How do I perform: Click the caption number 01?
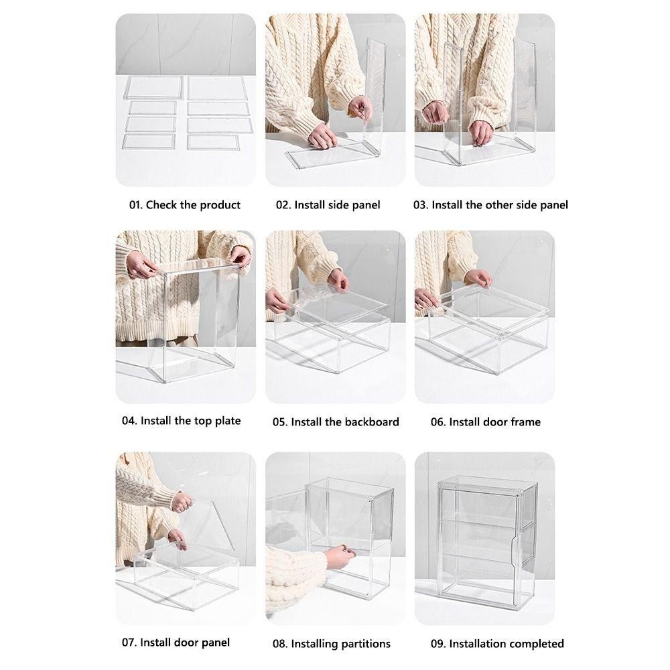135,205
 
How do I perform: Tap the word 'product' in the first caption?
220,206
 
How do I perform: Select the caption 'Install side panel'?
337,205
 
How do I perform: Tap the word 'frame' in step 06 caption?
525,421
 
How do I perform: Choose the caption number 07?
129,643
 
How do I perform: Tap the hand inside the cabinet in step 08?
340,556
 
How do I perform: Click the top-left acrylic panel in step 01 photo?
153,88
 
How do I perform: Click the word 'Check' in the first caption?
161,205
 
